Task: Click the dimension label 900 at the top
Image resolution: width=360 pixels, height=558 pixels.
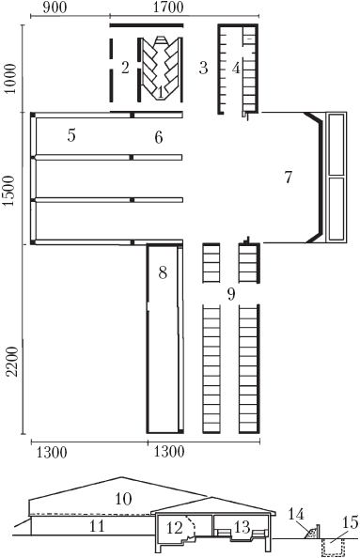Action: tap(55, 8)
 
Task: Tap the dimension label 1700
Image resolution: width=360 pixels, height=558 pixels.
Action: tap(168, 8)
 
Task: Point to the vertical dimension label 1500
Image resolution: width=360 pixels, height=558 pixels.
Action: tap(10, 191)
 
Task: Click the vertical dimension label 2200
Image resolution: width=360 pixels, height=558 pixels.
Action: tap(13, 361)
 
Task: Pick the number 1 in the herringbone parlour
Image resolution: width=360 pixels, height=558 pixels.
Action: tap(160, 93)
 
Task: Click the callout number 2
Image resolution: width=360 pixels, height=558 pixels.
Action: tap(125, 68)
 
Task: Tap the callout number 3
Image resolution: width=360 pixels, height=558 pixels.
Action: tap(203, 68)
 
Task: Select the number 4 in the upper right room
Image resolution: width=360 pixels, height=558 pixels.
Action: tap(236, 68)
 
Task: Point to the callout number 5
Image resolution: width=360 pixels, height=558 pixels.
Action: tap(71, 135)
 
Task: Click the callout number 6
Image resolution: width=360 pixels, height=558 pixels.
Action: tap(159, 137)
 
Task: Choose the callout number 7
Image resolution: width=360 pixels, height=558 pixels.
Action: tap(288, 177)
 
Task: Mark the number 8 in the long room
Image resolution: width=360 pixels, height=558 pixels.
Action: tap(163, 273)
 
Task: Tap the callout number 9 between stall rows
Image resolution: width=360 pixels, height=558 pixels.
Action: tap(231, 294)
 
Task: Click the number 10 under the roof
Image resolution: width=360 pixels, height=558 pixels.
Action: tap(123, 499)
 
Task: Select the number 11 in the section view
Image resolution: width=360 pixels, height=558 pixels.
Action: tap(97, 526)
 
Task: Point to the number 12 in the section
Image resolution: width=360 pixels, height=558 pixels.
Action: tap(175, 528)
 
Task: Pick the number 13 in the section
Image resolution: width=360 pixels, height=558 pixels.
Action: tap(243, 527)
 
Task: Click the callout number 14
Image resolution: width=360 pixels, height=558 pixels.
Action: tap(296, 514)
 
